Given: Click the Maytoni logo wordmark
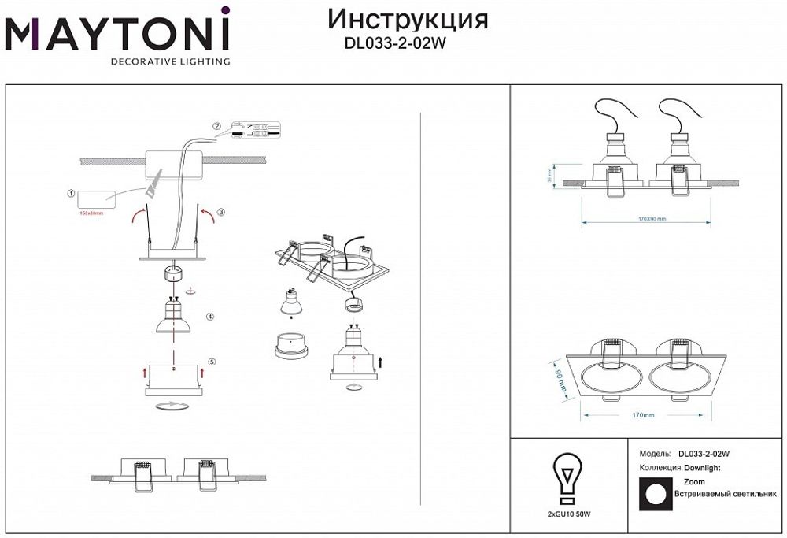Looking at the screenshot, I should (118, 33).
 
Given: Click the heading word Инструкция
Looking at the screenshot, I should (407, 20).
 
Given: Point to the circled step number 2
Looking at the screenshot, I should (218, 127).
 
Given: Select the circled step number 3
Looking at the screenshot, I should (221, 213).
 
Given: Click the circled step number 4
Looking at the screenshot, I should (210, 317).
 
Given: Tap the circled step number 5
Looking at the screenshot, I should (212, 362).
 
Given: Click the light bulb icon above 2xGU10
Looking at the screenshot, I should (566, 477).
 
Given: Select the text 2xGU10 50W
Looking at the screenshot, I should (568, 514).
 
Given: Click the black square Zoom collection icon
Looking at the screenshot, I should (652, 494).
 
